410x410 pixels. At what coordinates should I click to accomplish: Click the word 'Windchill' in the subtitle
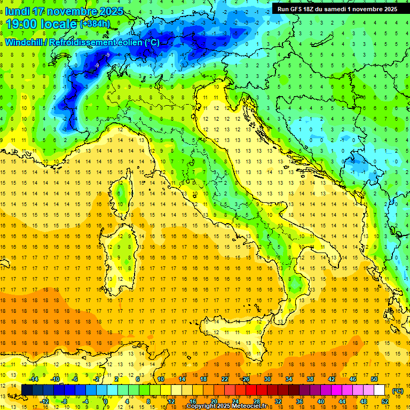pos(24,42)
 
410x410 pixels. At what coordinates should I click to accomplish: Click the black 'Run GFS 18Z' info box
pos(337,9)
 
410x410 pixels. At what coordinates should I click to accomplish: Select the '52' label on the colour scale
pos(385,401)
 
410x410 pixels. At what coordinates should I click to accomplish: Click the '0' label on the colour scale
pos(105,401)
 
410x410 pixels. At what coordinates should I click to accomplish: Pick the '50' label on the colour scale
pos(374,379)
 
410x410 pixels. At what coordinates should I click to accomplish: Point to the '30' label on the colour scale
pos(267,379)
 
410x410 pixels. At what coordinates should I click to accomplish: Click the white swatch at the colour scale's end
pos(380,390)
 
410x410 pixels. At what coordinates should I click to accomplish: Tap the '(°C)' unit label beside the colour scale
pos(398,390)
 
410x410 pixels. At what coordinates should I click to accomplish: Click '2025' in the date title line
pos(111,11)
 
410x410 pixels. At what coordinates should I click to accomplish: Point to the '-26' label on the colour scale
pos(246,379)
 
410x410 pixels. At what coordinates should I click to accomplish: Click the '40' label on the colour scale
pos(321,401)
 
